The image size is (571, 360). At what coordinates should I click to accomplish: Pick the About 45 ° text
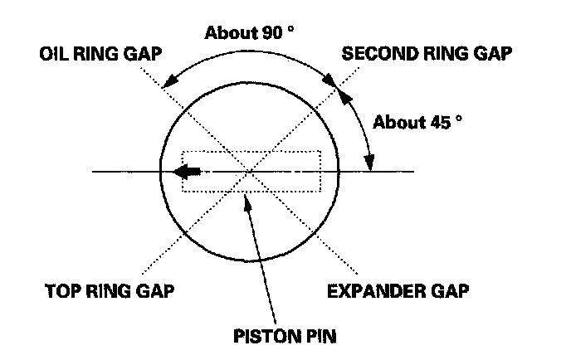point(417,122)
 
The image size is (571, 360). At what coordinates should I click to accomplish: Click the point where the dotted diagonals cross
point(250,172)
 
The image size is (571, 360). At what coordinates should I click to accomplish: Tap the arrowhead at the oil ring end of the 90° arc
point(168,80)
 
